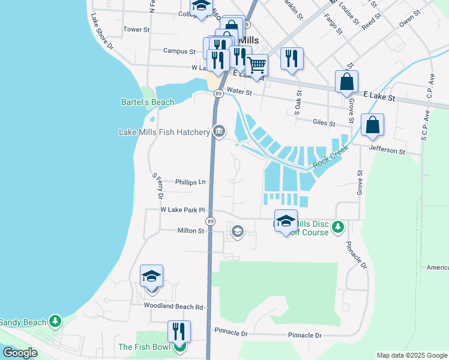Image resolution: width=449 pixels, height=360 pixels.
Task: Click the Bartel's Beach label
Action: coord(148,102)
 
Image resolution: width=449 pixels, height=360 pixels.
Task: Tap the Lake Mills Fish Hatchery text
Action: coord(163,132)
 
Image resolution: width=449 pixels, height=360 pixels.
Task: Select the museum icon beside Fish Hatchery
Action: coord(219,131)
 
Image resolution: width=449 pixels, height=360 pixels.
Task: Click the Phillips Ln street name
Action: coord(190,181)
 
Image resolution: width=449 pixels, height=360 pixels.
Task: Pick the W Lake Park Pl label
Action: coord(182,210)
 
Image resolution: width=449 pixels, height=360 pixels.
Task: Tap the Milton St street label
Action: coord(191,230)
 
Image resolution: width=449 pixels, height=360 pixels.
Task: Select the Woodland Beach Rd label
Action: coord(173,306)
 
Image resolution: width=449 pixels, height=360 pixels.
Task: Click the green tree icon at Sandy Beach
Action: coord(55,322)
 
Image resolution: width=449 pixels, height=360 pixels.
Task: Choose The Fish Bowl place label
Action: coord(145,347)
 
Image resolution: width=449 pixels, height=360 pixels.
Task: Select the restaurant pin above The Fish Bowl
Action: coord(179,331)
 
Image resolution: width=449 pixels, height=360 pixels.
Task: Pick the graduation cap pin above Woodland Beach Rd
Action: coord(151,276)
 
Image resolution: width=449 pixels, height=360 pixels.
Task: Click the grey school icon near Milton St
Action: coord(237,231)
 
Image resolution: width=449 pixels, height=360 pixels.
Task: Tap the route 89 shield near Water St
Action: coord(219,94)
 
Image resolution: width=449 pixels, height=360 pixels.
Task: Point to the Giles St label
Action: coord(324,122)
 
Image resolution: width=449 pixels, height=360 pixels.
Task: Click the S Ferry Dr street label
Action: coord(158,186)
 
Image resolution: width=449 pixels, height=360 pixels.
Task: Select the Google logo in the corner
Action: coord(20,353)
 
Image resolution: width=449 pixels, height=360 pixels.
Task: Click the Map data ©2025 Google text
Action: coord(411,355)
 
